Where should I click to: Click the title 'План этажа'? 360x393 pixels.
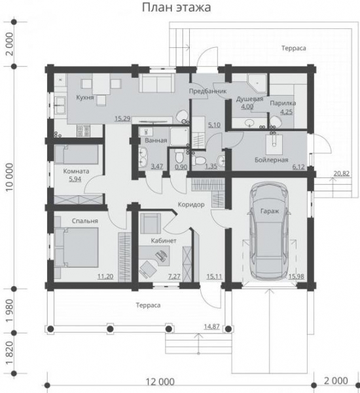pyautogui.click(x=176, y=7)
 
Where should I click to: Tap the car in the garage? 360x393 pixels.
pyautogui.click(x=270, y=231)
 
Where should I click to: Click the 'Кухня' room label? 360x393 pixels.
pyautogui.click(x=85, y=98)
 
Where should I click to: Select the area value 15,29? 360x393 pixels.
pyautogui.click(x=122, y=119)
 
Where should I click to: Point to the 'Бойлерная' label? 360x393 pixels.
pyautogui.click(x=272, y=160)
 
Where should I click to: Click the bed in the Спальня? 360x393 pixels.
pyautogui.click(x=77, y=247)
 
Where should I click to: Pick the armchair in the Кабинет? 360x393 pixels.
pyautogui.click(x=151, y=223)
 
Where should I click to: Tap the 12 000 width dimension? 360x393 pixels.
pyautogui.click(x=160, y=382)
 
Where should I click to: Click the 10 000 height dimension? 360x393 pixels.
pyautogui.click(x=10, y=177)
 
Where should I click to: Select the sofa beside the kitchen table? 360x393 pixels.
pyautogui.click(x=157, y=83)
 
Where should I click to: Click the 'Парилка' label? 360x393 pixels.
pyautogui.click(x=283, y=103)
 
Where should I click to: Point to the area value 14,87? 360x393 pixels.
pyautogui.click(x=211, y=327)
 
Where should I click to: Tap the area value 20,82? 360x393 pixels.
pyautogui.click(x=342, y=174)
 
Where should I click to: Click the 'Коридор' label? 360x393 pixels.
pyautogui.click(x=191, y=205)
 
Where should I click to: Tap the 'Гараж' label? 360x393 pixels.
pyautogui.click(x=270, y=212)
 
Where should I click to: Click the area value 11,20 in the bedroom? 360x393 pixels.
pyautogui.click(x=105, y=276)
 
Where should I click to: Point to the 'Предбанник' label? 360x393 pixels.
pyautogui.click(x=207, y=91)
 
